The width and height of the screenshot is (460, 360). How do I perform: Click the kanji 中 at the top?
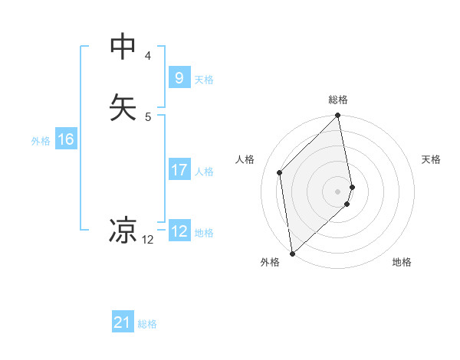click(123, 47)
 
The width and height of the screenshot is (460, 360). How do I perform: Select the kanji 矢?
click(123, 106)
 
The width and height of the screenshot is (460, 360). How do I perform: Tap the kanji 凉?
click(123, 229)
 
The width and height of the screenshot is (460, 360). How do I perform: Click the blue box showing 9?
click(179, 77)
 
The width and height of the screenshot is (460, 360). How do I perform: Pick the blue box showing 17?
click(179, 170)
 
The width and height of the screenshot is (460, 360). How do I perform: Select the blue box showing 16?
click(65, 139)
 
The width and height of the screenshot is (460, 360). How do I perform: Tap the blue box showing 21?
click(123, 322)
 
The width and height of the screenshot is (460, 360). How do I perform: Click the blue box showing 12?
click(179, 231)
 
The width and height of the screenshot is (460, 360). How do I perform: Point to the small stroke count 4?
click(148, 56)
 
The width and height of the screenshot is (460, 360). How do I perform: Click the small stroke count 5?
click(148, 116)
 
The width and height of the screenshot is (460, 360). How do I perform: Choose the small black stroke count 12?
click(148, 240)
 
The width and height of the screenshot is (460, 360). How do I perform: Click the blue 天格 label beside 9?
click(204, 79)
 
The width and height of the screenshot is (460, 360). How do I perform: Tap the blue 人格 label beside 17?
click(204, 172)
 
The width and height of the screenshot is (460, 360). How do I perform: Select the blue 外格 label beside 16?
click(41, 141)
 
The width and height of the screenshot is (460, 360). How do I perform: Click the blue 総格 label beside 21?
click(147, 324)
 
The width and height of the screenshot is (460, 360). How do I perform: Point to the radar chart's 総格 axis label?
click(338, 100)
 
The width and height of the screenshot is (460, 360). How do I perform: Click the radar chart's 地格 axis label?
click(402, 262)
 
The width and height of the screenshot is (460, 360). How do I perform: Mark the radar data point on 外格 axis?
click(292, 253)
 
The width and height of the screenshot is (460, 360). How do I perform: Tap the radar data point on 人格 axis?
click(280, 172)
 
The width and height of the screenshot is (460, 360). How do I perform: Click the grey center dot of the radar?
click(338, 191)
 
